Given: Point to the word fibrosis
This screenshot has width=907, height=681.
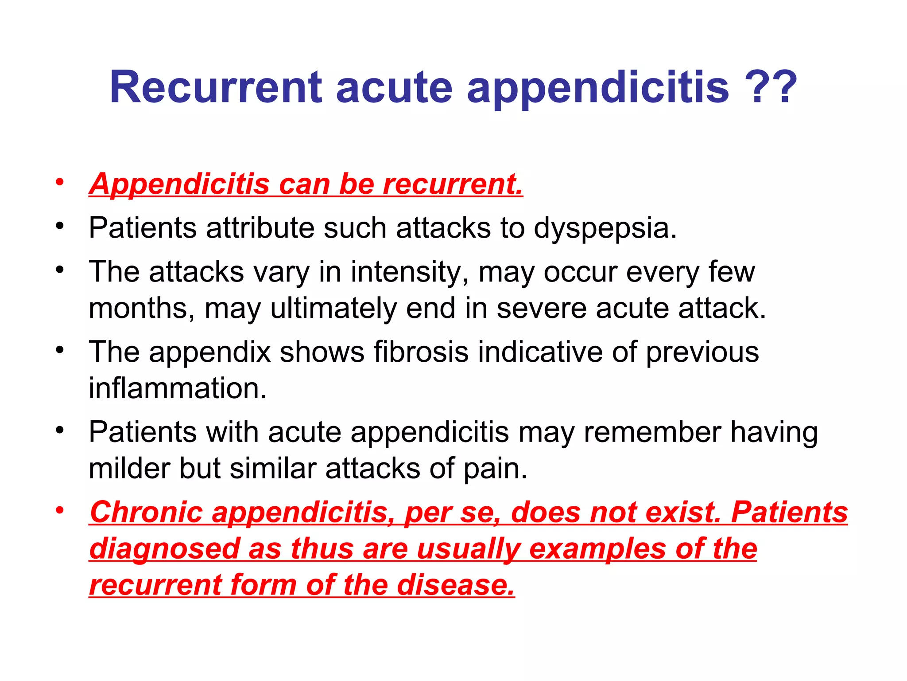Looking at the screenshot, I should tap(421, 352).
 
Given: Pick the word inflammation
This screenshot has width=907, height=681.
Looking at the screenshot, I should tap(178, 388).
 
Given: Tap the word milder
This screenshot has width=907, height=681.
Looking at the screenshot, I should tap(129, 469).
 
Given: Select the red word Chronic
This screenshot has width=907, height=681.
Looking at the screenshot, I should tap(146, 513).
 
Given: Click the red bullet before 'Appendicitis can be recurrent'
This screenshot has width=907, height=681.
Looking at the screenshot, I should tap(60, 182).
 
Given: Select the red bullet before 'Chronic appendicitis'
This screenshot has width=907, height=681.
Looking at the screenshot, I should tap(60, 510).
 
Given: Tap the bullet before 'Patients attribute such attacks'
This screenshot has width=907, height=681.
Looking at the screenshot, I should tap(60, 226).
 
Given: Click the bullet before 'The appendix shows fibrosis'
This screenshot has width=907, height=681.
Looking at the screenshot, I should tap(60, 350).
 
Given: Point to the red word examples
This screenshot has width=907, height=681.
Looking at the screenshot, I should tap(597, 549).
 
